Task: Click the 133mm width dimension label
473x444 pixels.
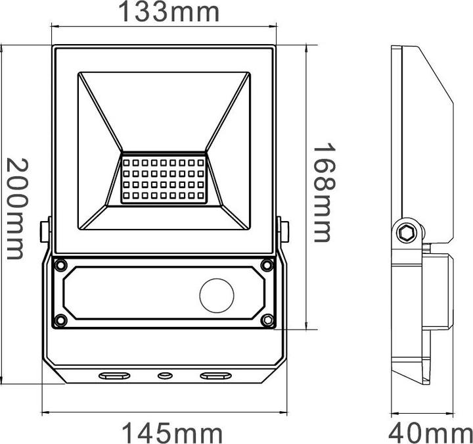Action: [168, 12]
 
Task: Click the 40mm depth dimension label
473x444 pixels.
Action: [430, 433]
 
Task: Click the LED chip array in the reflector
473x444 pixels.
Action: [164, 178]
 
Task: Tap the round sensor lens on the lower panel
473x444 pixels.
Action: [216, 295]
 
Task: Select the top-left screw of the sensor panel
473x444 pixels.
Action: [61, 266]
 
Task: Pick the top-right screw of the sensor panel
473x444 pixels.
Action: [267, 265]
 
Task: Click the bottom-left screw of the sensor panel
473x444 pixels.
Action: [61, 320]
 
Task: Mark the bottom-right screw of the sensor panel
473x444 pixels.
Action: [267, 320]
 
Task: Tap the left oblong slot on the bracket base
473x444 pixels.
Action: [114, 376]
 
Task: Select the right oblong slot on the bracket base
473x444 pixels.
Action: [215, 376]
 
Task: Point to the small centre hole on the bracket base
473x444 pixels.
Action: [164, 376]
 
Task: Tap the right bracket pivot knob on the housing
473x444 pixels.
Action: [284, 231]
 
